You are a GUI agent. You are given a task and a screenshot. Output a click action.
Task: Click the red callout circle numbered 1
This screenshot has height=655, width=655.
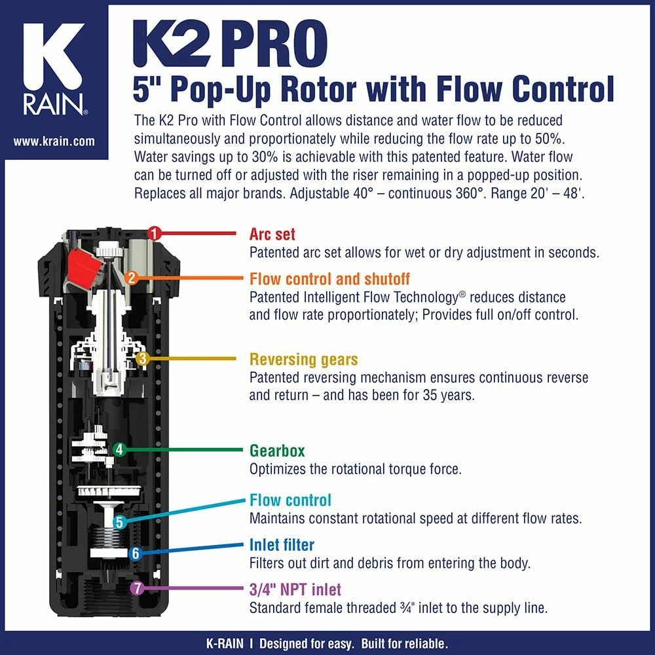click(x=154, y=233)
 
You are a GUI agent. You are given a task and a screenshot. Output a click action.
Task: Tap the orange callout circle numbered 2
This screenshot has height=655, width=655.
click(x=131, y=278)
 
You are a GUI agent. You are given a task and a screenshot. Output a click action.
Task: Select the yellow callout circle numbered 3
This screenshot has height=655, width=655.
click(x=143, y=358)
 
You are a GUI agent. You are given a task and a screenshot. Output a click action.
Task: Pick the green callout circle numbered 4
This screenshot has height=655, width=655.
click(x=119, y=450)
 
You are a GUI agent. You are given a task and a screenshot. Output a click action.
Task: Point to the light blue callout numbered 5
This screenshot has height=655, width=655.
click(x=119, y=522)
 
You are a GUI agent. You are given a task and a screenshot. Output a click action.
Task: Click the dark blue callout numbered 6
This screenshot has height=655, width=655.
click(x=135, y=553)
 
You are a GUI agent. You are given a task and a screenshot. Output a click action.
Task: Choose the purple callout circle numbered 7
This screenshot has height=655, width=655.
click(x=136, y=588)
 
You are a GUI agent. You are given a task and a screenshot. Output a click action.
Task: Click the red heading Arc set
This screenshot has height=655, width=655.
click(x=272, y=234)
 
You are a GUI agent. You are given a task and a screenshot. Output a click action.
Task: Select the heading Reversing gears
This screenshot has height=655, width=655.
click(x=303, y=360)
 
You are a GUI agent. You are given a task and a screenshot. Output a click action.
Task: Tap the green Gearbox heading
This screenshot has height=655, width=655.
click(x=277, y=451)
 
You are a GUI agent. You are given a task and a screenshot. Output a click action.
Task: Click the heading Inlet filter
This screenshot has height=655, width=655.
click(x=282, y=545)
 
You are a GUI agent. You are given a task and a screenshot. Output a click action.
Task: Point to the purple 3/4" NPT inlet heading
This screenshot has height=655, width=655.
click(x=295, y=589)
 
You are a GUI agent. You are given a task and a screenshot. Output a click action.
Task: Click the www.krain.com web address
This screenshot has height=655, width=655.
click(x=54, y=141)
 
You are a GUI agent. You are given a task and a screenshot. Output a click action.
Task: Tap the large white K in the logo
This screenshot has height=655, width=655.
click(x=54, y=59)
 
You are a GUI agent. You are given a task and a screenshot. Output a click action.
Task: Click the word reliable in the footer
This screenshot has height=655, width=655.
click(x=423, y=643)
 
